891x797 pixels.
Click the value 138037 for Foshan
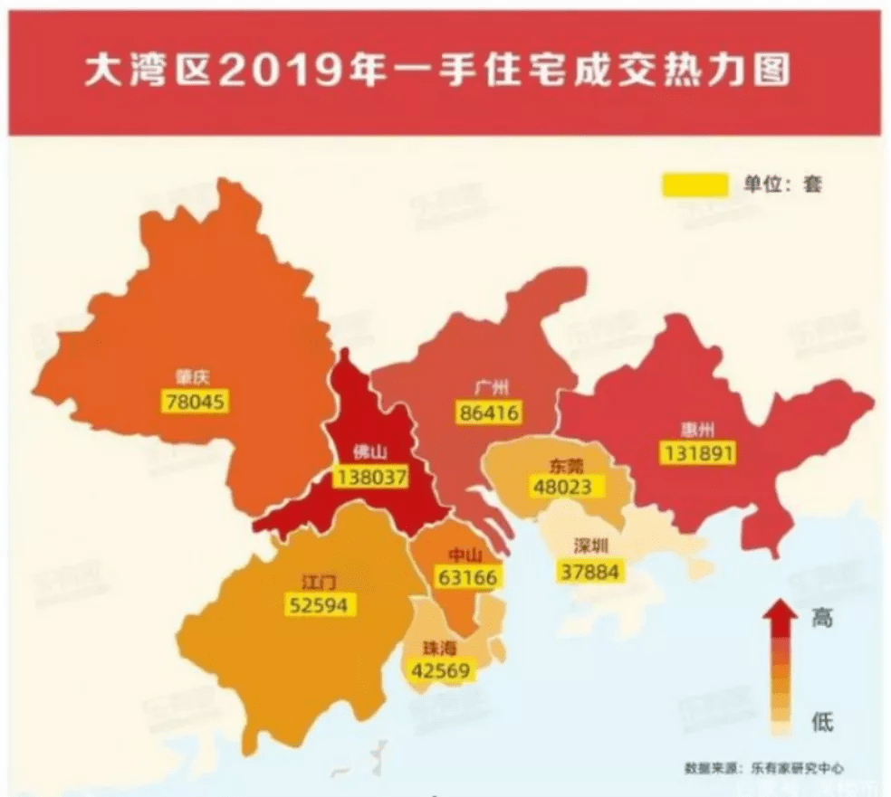tap(371, 476)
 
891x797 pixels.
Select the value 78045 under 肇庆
tap(196, 401)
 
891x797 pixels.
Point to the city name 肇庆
tap(195, 378)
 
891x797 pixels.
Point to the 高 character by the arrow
tap(821, 619)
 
